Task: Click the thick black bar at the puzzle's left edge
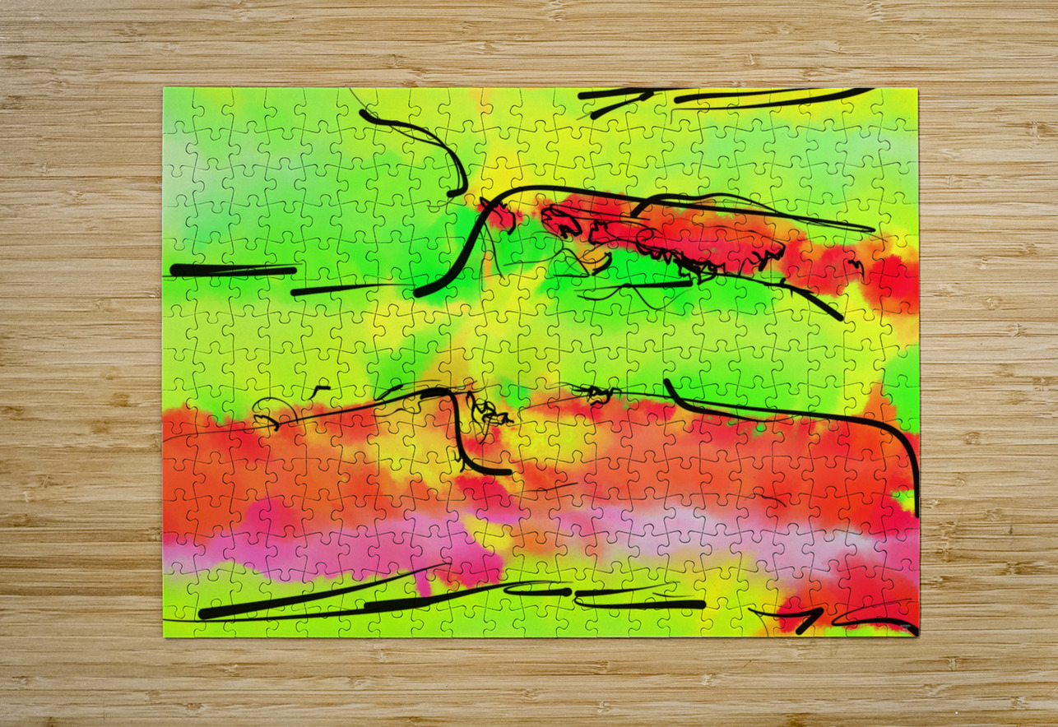pos(230,270)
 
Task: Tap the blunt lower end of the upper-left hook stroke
pos(454,193)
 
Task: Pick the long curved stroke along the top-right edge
pos(773,98)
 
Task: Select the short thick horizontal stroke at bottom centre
pos(642,604)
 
